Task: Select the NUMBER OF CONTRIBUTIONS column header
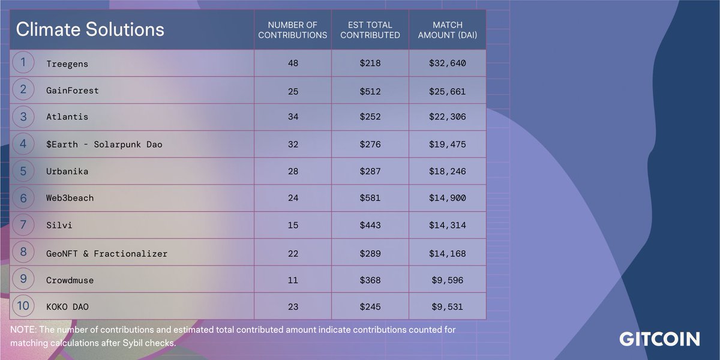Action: [x=293, y=30]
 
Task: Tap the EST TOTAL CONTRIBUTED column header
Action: [x=370, y=30]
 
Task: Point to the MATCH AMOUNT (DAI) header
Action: [x=447, y=30]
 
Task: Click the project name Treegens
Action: [x=67, y=63]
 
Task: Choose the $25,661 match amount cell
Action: [x=447, y=91]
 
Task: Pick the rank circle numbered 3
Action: [x=23, y=117]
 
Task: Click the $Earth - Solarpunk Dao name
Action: [x=104, y=145]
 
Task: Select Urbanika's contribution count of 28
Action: [x=293, y=172]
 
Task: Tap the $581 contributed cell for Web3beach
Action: [x=370, y=198]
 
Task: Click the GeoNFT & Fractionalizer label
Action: [x=107, y=254]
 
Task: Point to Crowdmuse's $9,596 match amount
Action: [x=447, y=280]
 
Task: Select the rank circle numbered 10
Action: [x=23, y=306]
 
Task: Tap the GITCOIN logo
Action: [x=659, y=339]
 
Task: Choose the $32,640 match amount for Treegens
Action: [x=447, y=63]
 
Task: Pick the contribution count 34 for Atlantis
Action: [x=293, y=117]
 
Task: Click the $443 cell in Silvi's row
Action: [x=370, y=226]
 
